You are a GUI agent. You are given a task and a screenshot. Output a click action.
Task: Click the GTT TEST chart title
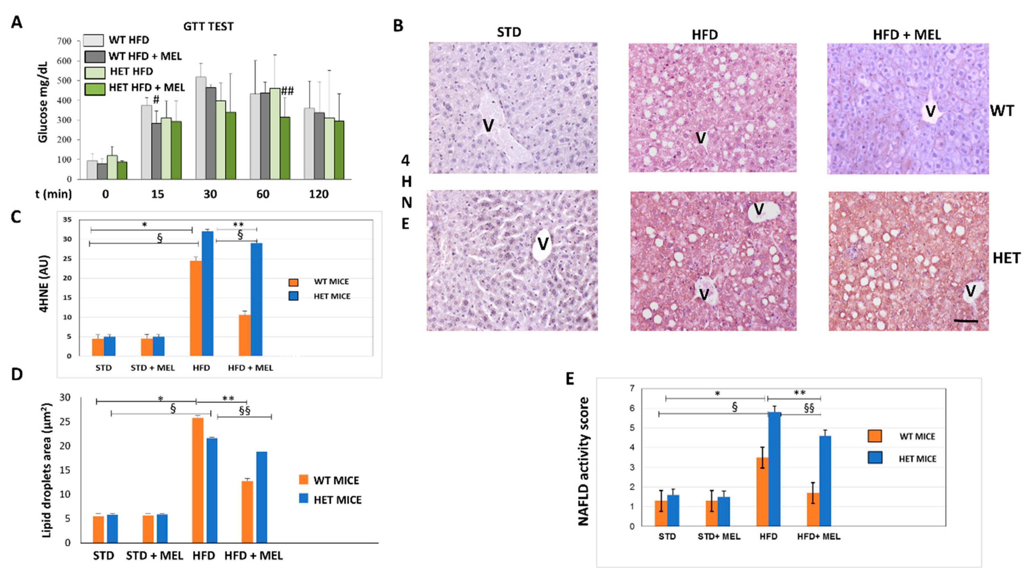(208, 27)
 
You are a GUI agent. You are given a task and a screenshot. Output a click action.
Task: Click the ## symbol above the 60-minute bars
(287, 91)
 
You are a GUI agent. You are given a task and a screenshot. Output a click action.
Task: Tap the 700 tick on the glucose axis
(64, 41)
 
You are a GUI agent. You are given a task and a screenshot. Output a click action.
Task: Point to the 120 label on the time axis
(319, 194)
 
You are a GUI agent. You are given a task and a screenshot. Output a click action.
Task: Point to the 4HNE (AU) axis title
(45, 283)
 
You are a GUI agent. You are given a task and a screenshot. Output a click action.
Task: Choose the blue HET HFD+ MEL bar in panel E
(825, 481)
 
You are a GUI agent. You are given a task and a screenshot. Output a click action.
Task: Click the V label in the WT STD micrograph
(488, 126)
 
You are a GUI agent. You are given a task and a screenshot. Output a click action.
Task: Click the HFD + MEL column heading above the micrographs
(907, 35)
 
